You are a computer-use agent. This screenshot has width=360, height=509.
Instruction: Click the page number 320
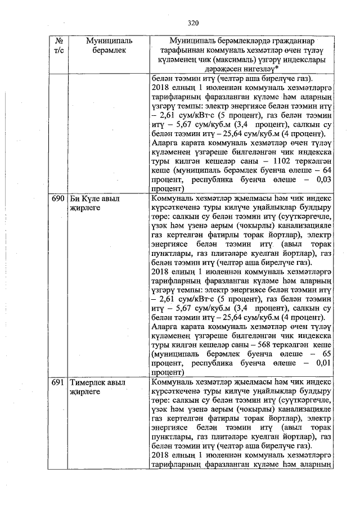(193, 22)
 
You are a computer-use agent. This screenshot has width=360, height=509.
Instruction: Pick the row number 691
(58, 382)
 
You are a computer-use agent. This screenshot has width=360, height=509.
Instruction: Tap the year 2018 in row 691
(161, 454)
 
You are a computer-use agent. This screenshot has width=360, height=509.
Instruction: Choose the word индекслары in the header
(303, 59)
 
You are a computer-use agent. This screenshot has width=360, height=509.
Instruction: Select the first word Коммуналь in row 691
(173, 382)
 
